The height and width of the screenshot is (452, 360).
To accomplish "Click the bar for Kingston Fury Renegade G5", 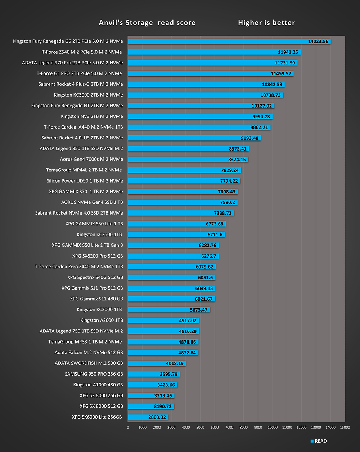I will (x=216, y=41).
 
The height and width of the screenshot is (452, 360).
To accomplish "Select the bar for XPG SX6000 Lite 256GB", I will (x=148, y=417).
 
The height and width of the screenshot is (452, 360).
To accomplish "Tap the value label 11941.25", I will (x=288, y=52).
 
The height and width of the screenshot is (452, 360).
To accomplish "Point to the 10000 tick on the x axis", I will (x=273, y=428).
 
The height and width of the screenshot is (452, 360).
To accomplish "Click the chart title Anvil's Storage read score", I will (x=147, y=23).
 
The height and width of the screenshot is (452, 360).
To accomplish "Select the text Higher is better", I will (x=266, y=23).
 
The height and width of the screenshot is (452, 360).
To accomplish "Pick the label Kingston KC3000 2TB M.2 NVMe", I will (x=88, y=95).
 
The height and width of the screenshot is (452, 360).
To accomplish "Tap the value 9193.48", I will (x=249, y=138).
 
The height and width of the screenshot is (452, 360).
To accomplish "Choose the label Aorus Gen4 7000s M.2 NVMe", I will (x=91, y=159).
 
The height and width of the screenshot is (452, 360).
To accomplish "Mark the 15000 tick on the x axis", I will (x=345, y=428).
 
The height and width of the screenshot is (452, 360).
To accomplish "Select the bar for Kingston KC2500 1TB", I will (x=176, y=234).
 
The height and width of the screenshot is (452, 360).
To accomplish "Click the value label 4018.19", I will (x=175, y=363).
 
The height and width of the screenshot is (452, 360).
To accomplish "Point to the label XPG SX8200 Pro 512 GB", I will (x=98, y=256).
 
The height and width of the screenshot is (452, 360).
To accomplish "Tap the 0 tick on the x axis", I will (x=128, y=428).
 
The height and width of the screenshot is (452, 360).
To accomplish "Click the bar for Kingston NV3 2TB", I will (x=200, y=116).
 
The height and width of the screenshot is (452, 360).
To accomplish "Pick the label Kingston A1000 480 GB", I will (x=98, y=385).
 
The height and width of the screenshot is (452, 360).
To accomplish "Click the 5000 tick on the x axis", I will (x=200, y=428).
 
